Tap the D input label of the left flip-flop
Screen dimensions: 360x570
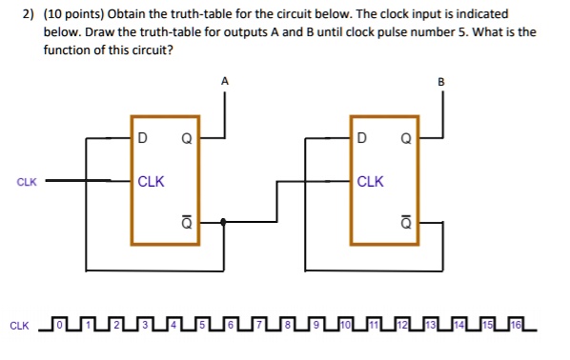pyautogui.click(x=142, y=138)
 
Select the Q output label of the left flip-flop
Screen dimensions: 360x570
pyautogui.click(x=187, y=138)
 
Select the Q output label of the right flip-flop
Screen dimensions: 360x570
pyautogui.click(x=405, y=138)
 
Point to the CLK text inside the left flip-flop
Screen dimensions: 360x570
pyautogui.click(x=151, y=181)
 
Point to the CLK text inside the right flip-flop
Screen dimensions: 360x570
pyautogui.click(x=370, y=181)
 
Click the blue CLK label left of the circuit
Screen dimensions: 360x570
pyautogui.click(x=26, y=181)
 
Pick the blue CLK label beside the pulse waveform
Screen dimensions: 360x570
pyautogui.click(x=19, y=327)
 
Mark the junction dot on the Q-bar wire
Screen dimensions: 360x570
pyautogui.click(x=222, y=222)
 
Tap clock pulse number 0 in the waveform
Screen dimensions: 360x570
pyautogui.click(x=59, y=327)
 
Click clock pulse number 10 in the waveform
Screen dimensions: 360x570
pyautogui.click(x=346, y=327)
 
